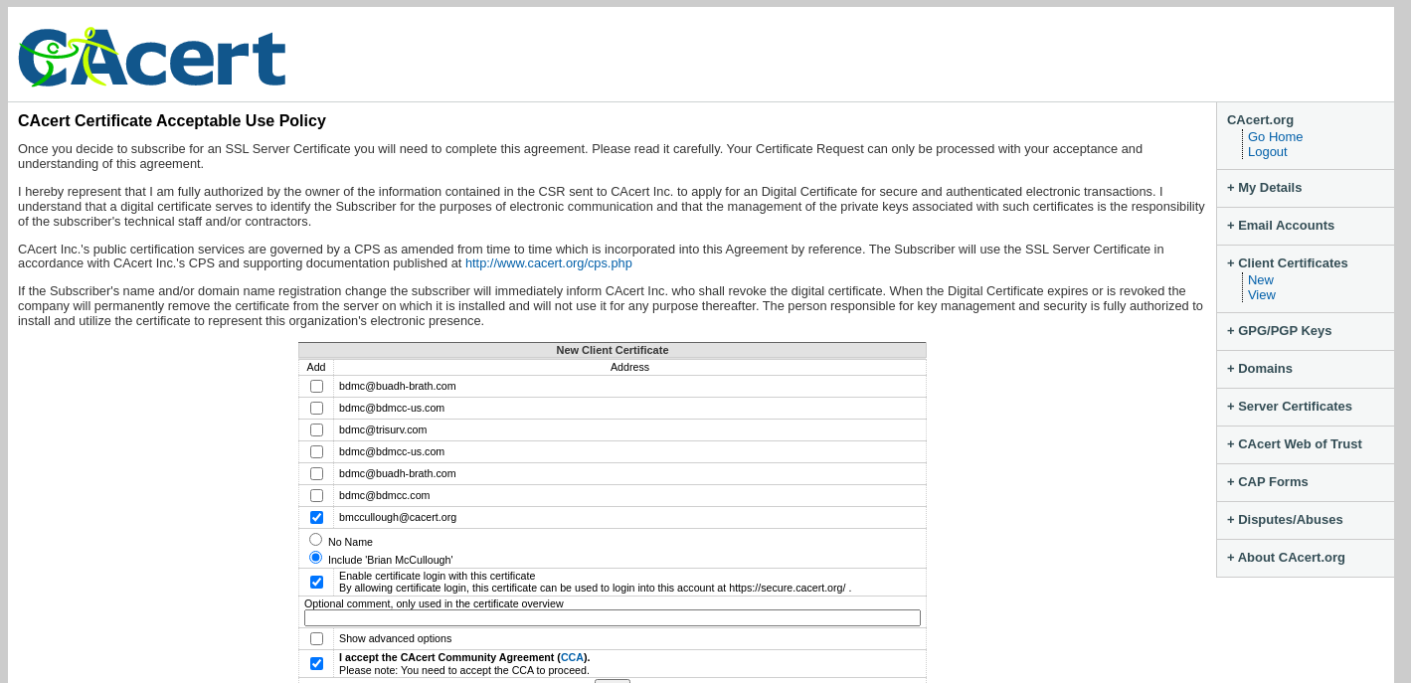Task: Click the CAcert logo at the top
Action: coord(152,58)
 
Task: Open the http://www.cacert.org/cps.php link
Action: coord(548,263)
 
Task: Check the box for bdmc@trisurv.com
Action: coord(316,430)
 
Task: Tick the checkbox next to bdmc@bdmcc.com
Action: coord(316,496)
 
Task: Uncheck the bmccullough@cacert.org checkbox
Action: coord(316,518)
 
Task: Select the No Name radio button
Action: coord(316,540)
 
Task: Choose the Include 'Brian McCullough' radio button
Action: coord(316,558)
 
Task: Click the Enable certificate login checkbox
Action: coord(316,583)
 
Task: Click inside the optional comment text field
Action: coord(612,618)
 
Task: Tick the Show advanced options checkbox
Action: coord(316,639)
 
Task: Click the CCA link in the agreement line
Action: coord(572,657)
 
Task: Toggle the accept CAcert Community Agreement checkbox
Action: coord(316,664)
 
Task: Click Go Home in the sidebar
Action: coord(1275,137)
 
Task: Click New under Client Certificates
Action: coord(1260,280)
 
